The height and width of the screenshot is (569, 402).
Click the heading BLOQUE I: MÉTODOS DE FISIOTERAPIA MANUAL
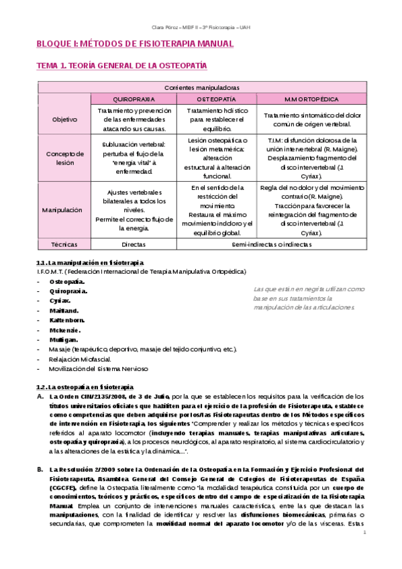click(134, 44)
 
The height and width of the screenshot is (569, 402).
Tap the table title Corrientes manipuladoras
click(202, 87)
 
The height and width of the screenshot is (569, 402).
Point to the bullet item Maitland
click(64, 311)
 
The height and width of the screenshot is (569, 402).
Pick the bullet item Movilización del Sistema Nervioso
click(98, 368)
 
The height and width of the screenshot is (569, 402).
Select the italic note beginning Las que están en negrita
click(309, 297)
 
